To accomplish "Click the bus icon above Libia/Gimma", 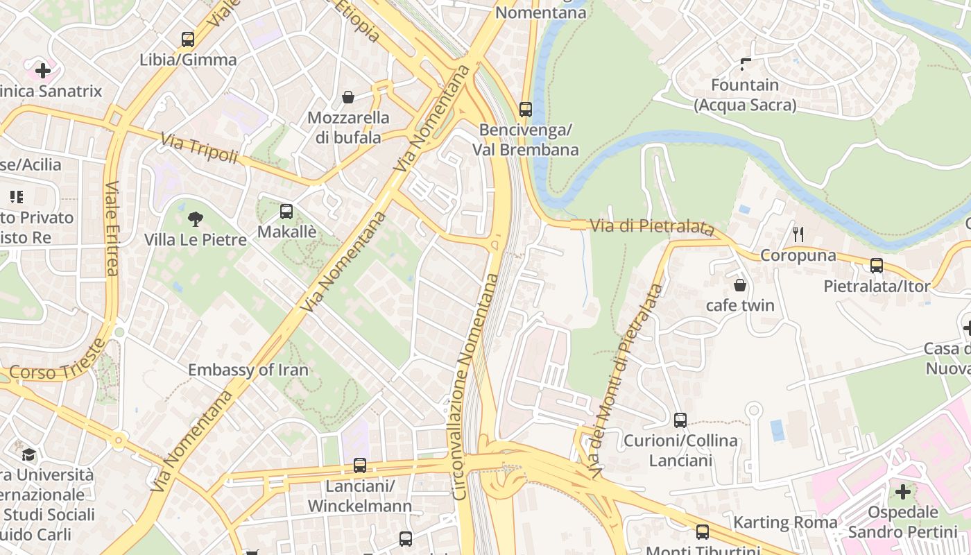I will coord(188,40).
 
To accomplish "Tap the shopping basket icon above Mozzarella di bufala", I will coord(348,97).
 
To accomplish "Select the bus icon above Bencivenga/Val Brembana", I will coord(526,109).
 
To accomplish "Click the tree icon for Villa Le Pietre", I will coord(196,219).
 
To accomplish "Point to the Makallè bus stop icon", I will coord(286,212).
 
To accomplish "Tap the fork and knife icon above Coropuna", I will coord(798,234).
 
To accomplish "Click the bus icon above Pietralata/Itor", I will coord(877,266).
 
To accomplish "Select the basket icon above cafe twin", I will coord(740,285).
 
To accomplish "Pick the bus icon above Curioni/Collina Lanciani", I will coord(680,420).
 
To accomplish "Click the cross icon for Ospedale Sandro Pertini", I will coord(902,492).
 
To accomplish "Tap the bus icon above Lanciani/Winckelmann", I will coord(360,466).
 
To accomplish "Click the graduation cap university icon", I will coord(28,454).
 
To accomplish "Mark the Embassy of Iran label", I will coord(248,370).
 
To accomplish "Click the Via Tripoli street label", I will coord(199,148).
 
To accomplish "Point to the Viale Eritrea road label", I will coord(112,228).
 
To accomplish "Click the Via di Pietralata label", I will coord(652,226).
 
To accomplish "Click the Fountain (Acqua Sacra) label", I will coord(746,95).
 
